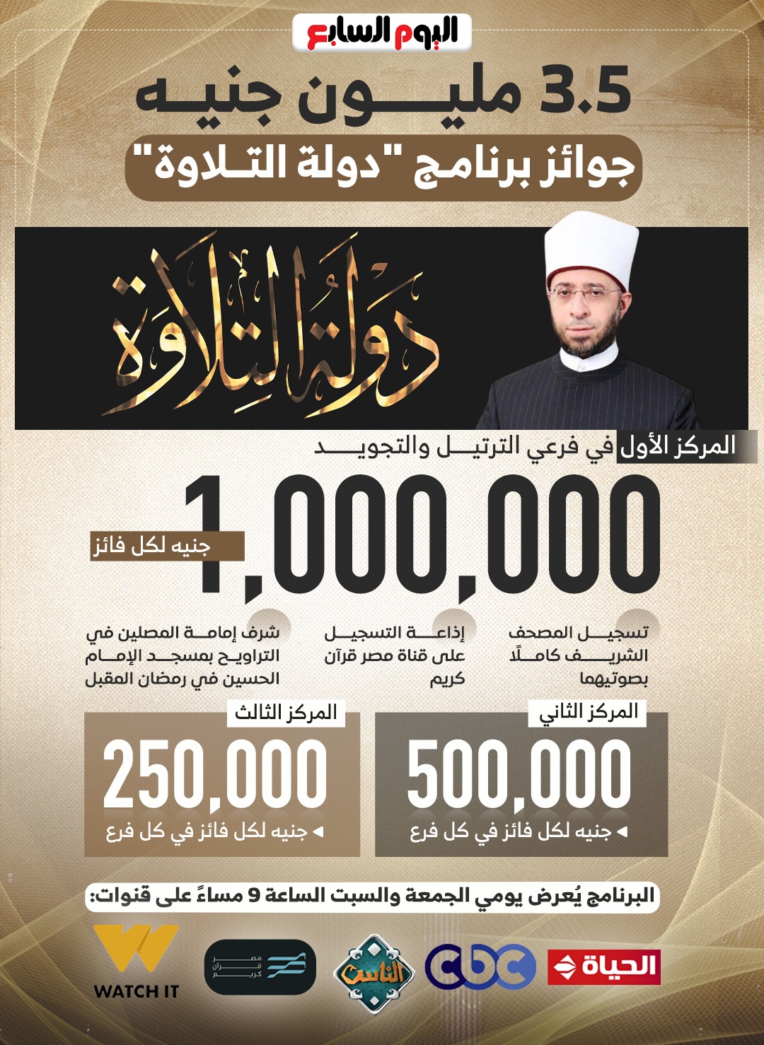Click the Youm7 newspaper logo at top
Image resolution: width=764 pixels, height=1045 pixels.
click(382, 33)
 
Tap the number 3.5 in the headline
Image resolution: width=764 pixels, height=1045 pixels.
click(585, 91)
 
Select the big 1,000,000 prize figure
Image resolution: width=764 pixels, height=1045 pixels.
click(424, 534)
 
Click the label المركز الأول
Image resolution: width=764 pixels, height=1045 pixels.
click(678, 446)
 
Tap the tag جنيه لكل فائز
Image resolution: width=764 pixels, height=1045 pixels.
click(152, 546)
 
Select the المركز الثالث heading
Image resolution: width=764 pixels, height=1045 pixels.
click(286, 712)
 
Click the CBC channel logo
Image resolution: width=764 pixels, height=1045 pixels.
click(480, 967)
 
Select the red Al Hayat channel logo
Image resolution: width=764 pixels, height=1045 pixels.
click(604, 967)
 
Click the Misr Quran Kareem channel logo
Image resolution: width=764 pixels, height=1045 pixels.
click(260, 967)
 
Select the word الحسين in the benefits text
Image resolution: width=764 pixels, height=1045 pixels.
click(256, 679)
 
